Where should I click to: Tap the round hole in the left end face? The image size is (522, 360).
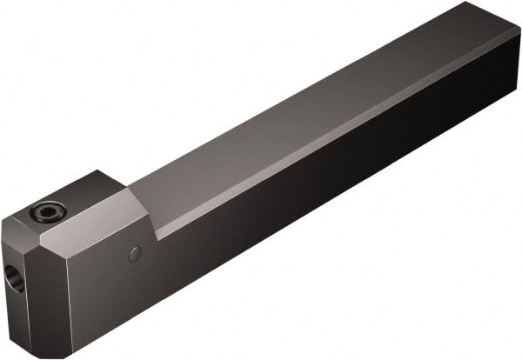(15, 278)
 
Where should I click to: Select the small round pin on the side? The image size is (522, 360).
(134, 254)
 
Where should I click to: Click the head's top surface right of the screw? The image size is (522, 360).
(83, 196)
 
